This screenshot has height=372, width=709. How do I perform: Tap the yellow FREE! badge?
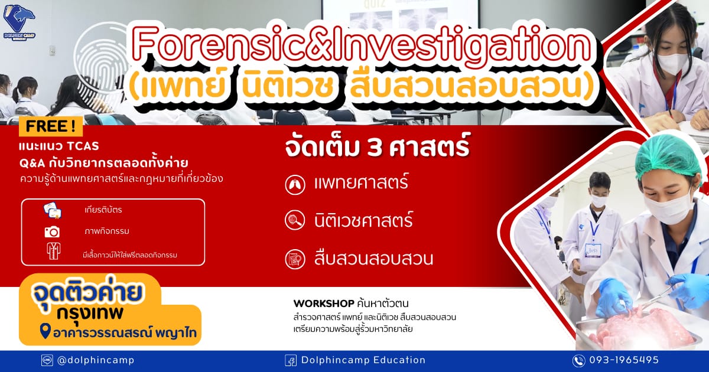51,126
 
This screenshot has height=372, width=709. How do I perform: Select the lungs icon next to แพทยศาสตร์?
295,184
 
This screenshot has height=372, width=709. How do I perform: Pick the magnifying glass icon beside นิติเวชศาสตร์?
295,220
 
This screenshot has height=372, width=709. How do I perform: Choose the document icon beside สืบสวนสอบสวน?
295,259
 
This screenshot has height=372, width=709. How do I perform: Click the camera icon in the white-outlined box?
52,232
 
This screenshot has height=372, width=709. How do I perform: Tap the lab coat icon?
54,251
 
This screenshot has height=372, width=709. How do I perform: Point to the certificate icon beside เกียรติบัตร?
53,210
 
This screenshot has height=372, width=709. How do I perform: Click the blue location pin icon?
45,331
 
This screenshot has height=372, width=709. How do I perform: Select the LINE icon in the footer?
47,360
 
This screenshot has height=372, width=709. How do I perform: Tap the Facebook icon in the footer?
291,360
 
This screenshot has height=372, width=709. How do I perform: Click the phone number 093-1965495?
624,360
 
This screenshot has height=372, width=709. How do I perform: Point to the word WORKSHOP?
324,304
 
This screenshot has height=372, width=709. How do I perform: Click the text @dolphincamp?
96,360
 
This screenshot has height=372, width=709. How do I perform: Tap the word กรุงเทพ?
90,313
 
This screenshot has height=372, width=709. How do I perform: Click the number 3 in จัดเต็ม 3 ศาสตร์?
375,148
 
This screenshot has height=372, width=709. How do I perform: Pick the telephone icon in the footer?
578,361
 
